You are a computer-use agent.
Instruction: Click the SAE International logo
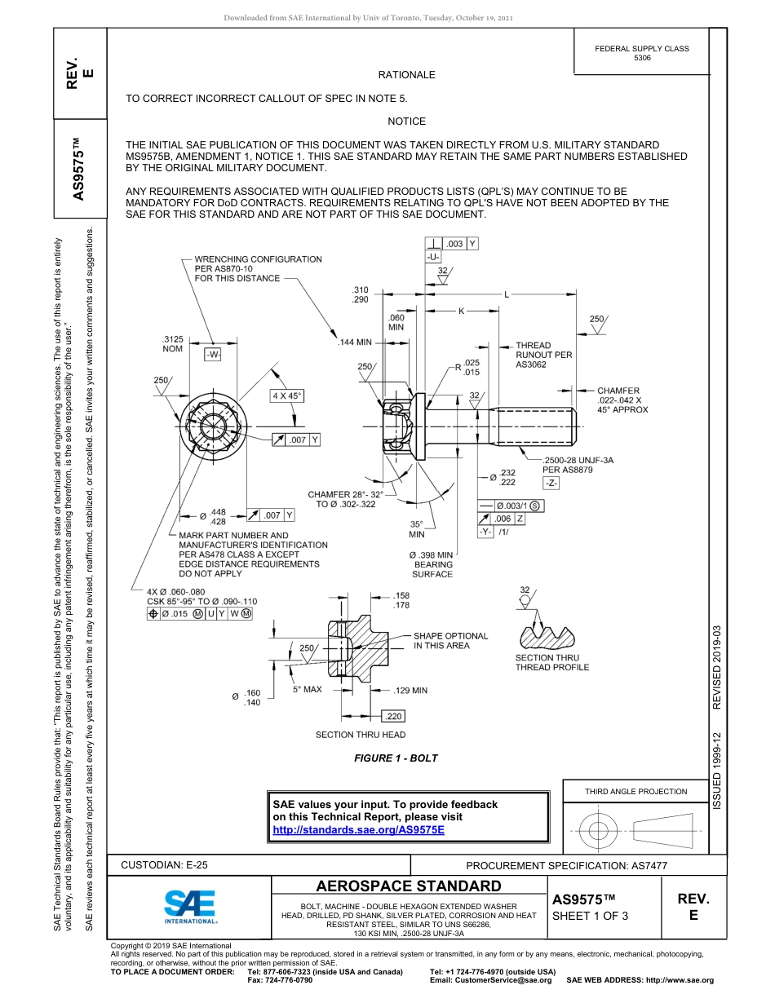(190, 905)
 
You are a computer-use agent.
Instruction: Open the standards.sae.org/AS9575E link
(358, 829)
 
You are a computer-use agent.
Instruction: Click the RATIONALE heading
(406, 75)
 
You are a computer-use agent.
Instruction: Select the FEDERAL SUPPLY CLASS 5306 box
(641, 53)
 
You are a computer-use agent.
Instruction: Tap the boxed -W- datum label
(213, 355)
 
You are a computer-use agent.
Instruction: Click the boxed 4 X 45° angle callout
(287, 396)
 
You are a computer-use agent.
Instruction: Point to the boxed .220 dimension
(393, 716)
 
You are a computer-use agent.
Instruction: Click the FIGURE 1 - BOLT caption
(396, 758)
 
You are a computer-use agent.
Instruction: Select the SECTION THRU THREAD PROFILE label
(551, 662)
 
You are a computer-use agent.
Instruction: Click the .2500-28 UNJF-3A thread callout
(578, 465)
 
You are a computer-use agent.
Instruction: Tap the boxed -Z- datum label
(551, 484)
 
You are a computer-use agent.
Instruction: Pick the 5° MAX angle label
(308, 690)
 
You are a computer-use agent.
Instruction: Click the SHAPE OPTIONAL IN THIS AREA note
(450, 640)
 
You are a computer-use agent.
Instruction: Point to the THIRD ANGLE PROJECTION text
(635, 791)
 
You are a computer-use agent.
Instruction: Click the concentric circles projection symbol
(599, 831)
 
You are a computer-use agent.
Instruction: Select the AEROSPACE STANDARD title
(409, 886)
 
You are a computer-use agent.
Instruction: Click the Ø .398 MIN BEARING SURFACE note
(432, 564)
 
